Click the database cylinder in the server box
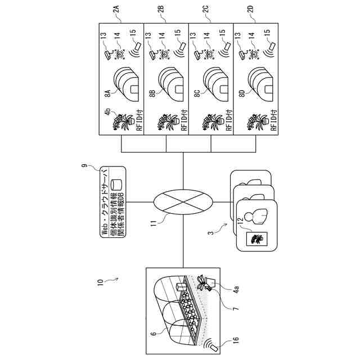(x=118, y=184)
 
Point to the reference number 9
(x=85, y=167)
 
